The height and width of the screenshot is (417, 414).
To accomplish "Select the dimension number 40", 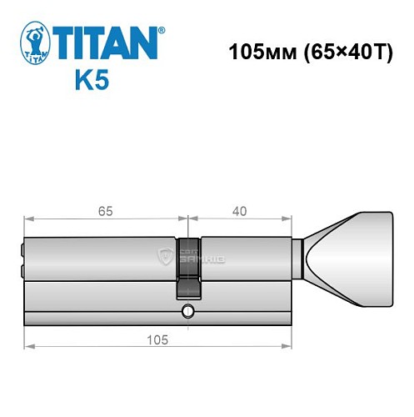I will pyautogui.click(x=240, y=211).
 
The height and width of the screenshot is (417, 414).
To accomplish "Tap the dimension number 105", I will pyautogui.click(x=157, y=339).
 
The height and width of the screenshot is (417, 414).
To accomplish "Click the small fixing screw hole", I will pyautogui.click(x=187, y=313).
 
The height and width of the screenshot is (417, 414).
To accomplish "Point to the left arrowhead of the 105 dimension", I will pyautogui.click(x=27, y=344).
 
